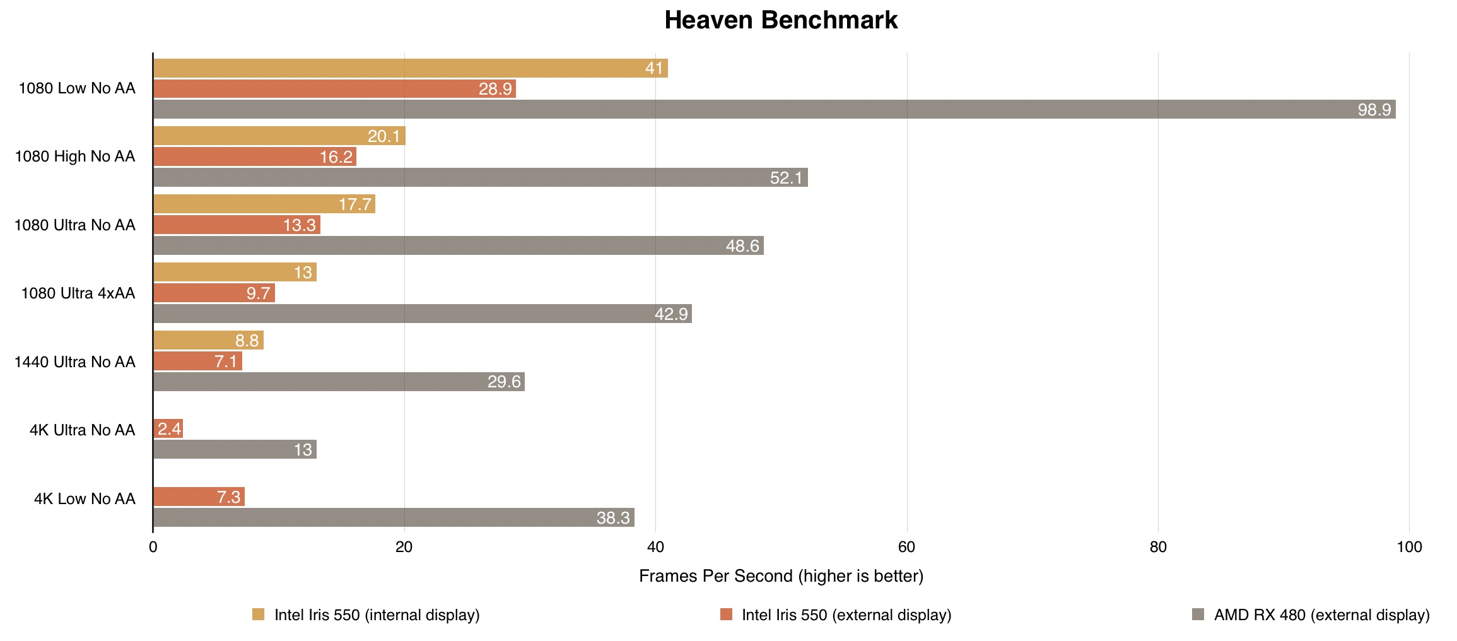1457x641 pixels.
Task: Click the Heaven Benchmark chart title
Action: (x=780, y=20)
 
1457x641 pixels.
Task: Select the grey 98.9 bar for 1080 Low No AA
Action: (x=774, y=109)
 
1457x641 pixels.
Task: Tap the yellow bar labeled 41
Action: (x=410, y=68)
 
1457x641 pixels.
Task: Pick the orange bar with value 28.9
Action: (x=334, y=89)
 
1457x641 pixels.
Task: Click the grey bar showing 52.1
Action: (x=480, y=177)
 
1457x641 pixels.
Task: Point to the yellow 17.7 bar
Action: (x=264, y=204)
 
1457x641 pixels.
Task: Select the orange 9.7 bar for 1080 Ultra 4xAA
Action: (x=214, y=293)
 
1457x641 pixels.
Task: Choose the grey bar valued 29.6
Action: (x=339, y=382)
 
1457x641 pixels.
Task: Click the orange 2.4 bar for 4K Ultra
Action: (x=168, y=429)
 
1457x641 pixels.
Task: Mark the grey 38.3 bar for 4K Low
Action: (x=394, y=517)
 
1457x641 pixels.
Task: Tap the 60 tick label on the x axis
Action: (x=906, y=547)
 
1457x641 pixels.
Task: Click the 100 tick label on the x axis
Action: (x=1409, y=547)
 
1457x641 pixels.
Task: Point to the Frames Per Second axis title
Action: (x=781, y=576)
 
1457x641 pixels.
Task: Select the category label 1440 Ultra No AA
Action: (x=75, y=362)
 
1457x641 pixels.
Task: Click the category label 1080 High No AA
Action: (x=75, y=156)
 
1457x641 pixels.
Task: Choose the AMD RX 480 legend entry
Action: (x=1321, y=615)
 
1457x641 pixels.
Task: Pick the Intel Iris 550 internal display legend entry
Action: (x=377, y=615)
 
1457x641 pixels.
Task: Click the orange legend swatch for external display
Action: (x=726, y=615)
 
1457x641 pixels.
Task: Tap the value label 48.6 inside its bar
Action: (x=742, y=246)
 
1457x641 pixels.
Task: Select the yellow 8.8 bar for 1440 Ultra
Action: (x=208, y=341)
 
